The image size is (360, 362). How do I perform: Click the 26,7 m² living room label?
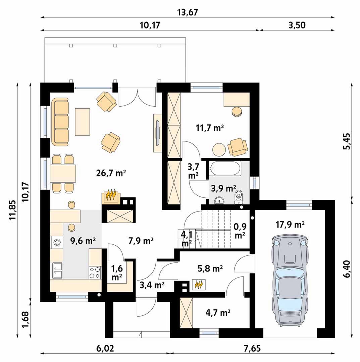[x=111, y=173]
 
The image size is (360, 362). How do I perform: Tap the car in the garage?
[x=290, y=281]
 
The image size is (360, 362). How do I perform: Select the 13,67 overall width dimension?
[x=188, y=12]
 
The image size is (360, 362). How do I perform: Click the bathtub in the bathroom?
[x=225, y=168]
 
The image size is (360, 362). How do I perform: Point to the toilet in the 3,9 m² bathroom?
[x=239, y=197]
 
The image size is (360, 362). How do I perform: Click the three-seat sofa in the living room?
[x=60, y=122]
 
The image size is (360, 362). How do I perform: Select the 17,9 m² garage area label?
[x=290, y=224]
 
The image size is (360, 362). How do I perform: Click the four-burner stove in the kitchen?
[x=95, y=273]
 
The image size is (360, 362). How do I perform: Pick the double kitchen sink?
[x=57, y=270]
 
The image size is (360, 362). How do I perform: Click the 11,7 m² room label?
[x=210, y=128]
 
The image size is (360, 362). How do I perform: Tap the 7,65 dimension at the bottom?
[x=252, y=348]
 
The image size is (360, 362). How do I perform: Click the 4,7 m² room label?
[x=218, y=313]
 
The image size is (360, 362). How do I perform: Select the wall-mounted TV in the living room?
[x=158, y=132]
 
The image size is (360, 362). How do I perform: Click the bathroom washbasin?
[x=219, y=200]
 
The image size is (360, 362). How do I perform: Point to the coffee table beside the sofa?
[x=82, y=122]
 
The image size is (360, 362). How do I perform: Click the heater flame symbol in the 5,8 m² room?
[x=199, y=285]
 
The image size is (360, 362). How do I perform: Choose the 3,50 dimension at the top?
[x=297, y=25]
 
